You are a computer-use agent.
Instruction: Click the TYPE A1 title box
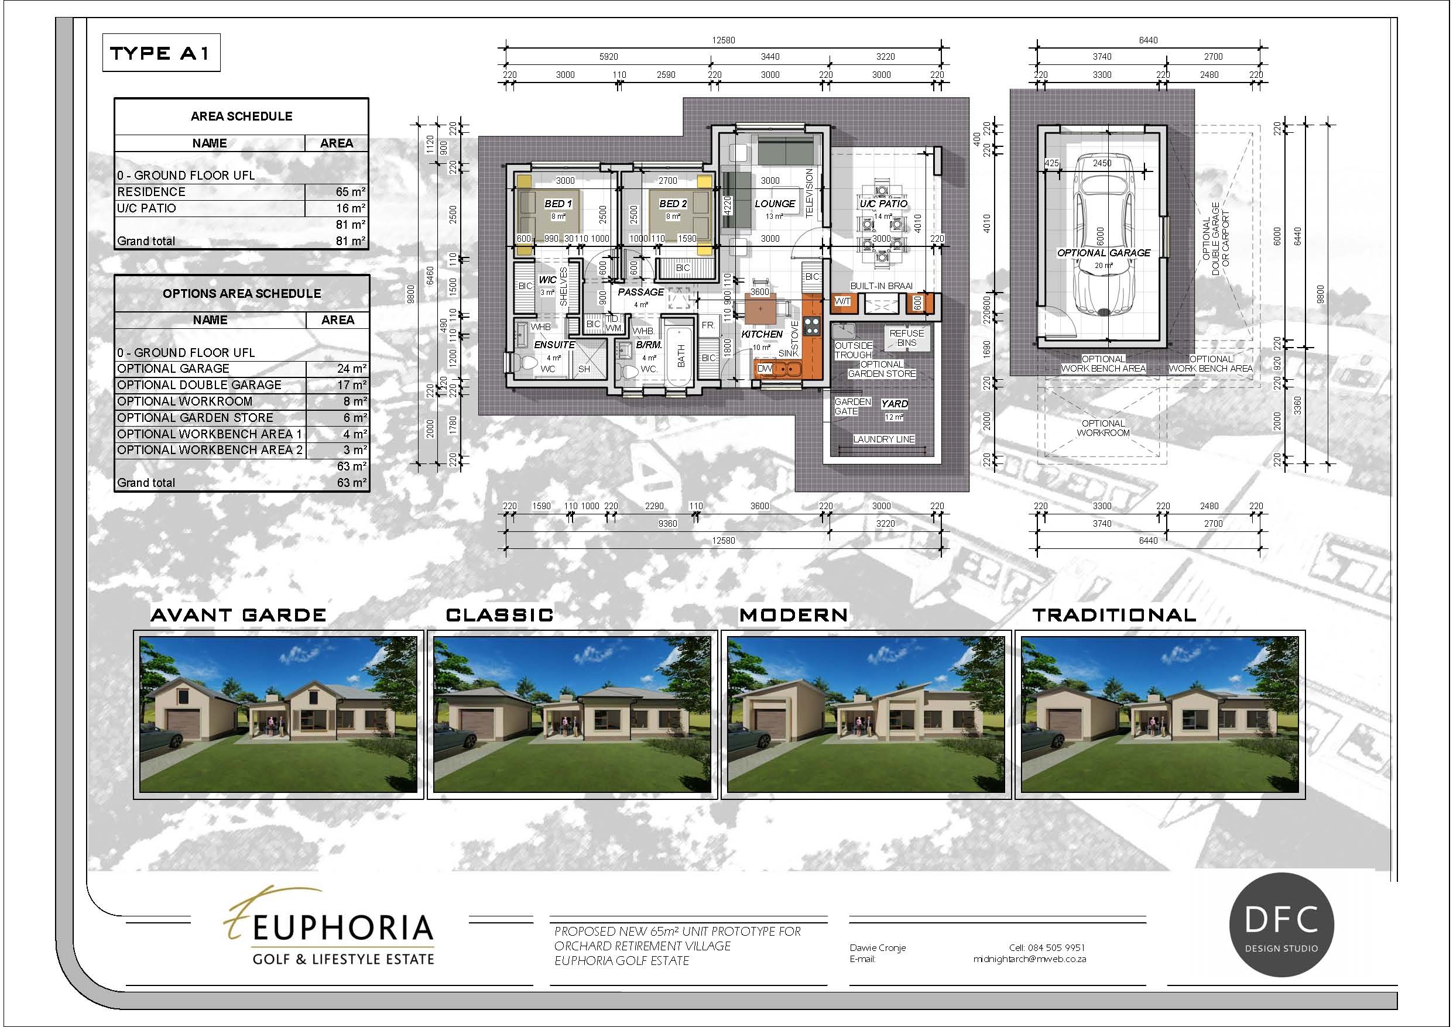click(x=161, y=53)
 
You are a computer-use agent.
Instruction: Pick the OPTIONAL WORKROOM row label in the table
click(x=185, y=401)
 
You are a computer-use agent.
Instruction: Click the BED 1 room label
click(x=557, y=204)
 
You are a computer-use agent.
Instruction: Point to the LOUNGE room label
click(x=775, y=204)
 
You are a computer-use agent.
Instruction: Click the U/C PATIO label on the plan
click(x=883, y=204)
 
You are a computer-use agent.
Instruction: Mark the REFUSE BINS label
click(x=906, y=338)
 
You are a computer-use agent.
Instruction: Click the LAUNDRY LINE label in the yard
click(x=883, y=439)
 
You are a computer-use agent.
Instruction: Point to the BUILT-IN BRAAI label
click(x=881, y=286)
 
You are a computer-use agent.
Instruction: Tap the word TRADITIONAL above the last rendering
click(x=1114, y=615)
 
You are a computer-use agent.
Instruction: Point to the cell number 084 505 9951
click(x=1047, y=948)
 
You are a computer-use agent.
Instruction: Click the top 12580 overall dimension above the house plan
click(x=724, y=40)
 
